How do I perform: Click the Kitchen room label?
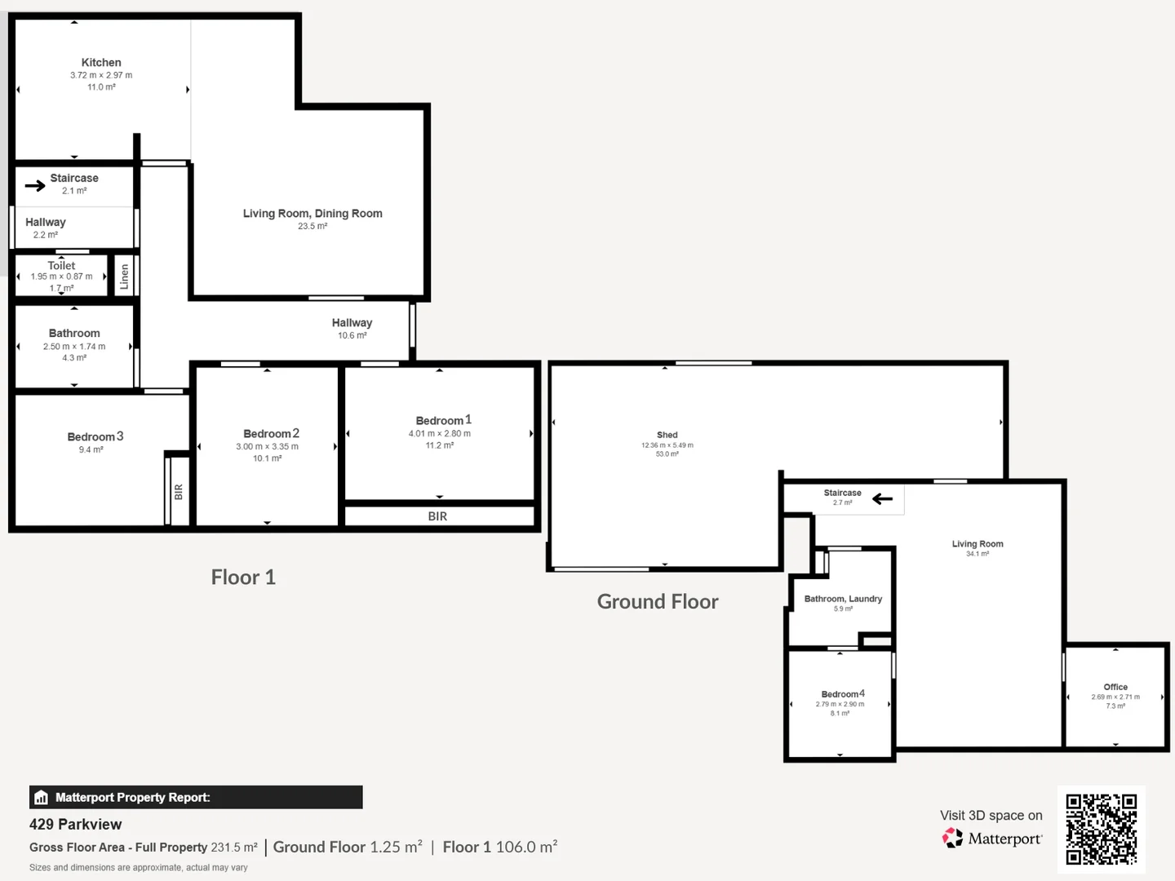click(x=101, y=63)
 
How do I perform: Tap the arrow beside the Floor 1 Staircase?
click(x=35, y=186)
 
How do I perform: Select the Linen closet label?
click(x=124, y=277)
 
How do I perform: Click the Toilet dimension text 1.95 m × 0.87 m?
click(x=61, y=277)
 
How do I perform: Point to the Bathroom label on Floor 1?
click(x=74, y=334)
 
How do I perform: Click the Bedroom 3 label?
click(x=95, y=437)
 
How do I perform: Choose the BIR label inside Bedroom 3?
click(x=179, y=492)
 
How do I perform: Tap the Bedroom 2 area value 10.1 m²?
click(x=267, y=458)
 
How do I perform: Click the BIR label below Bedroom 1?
click(x=437, y=516)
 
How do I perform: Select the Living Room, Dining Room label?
click(x=313, y=214)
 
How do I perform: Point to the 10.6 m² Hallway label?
click(x=352, y=335)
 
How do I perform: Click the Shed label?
click(x=667, y=436)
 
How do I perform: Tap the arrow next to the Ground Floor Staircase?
click(x=882, y=498)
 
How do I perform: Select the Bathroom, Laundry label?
click(x=843, y=599)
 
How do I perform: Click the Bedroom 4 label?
click(x=842, y=694)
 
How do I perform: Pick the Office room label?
click(x=1115, y=687)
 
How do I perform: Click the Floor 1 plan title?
click(x=243, y=578)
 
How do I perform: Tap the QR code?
click(x=1101, y=829)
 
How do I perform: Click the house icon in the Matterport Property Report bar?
click(x=42, y=798)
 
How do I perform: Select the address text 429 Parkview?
click(x=75, y=825)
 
